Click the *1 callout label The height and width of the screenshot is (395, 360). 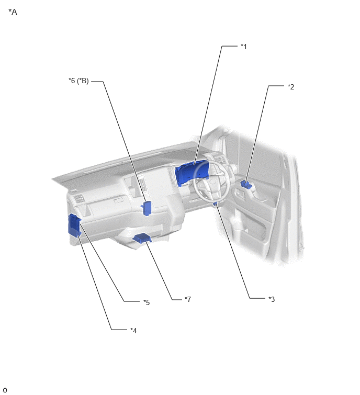point(244,47)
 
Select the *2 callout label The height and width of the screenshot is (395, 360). point(291,87)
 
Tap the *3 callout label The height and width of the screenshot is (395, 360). point(272,299)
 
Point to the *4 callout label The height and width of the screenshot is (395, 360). point(133,331)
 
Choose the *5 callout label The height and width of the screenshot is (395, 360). point(147,302)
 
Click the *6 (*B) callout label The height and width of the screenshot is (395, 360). point(78,81)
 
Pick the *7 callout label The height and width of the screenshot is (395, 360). point(188,299)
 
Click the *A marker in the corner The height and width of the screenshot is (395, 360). point(13,12)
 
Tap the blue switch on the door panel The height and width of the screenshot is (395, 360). point(246,184)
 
